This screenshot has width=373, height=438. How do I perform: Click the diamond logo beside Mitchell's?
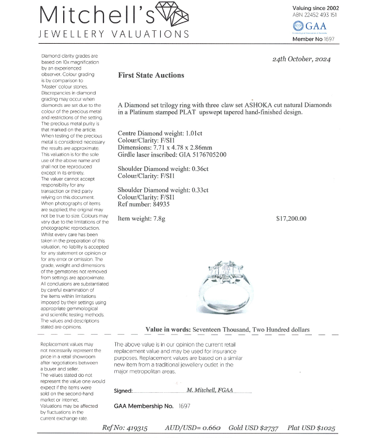[172, 13]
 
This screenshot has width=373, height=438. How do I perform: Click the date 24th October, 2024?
[301, 59]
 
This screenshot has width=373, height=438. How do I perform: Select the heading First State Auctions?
[151, 76]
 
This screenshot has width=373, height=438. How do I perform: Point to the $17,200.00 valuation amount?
[291, 218]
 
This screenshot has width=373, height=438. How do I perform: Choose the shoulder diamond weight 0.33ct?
[197, 190]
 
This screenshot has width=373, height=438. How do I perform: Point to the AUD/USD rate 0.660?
[209, 428]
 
